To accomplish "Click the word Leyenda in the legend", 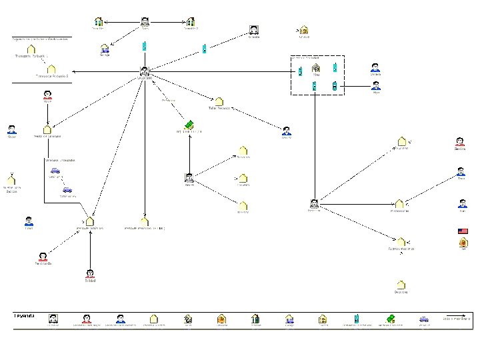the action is [x=25, y=315].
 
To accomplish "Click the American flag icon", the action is [x=463, y=231].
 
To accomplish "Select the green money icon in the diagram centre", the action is [x=189, y=124].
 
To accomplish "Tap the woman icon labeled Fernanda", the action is [x=43, y=257].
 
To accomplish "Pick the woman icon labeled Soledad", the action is [x=90, y=273].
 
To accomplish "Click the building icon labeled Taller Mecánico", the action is [x=219, y=101].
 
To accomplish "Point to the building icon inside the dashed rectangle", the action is [x=316, y=67].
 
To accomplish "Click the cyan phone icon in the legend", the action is [x=357, y=319].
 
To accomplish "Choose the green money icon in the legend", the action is [x=391, y=319].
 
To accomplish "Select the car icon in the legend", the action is [x=424, y=319].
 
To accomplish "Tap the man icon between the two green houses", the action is [x=145, y=22].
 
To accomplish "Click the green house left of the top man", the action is [x=99, y=22].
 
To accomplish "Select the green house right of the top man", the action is [x=191, y=22].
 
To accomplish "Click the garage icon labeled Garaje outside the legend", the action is [x=105, y=48].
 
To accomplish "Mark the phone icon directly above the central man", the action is [x=144, y=47].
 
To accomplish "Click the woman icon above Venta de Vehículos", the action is [x=47, y=95].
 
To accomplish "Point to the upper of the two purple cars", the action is [x=55, y=171].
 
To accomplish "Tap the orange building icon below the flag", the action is [x=463, y=243].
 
